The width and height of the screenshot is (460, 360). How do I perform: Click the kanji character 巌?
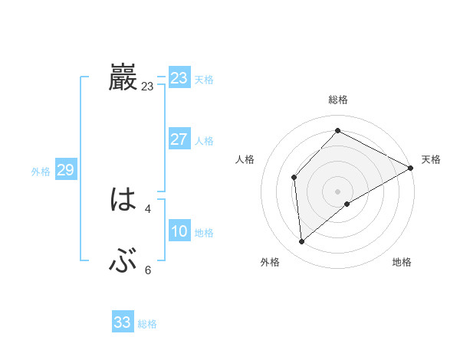click(x=123, y=78)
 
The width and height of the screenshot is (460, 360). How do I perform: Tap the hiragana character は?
click(x=123, y=201)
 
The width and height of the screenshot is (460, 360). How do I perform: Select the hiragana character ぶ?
click(x=123, y=262)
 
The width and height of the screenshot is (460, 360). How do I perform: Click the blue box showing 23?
click(x=179, y=78)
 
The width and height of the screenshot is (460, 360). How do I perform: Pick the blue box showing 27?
click(x=179, y=139)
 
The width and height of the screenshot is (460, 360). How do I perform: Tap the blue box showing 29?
click(x=65, y=170)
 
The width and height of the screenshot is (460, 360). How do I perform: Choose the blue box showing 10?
click(x=179, y=232)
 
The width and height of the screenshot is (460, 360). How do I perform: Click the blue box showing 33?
click(x=122, y=322)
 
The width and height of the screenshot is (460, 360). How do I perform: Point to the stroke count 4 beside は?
click(x=148, y=208)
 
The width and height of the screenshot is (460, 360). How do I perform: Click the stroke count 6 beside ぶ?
click(x=148, y=270)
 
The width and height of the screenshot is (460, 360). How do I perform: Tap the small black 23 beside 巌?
click(x=147, y=87)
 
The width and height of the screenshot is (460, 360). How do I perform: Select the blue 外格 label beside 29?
click(x=41, y=172)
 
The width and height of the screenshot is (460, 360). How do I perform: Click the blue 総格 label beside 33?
click(x=147, y=324)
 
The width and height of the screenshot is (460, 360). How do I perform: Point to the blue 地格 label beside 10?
click(x=204, y=233)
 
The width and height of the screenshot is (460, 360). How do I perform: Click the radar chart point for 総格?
click(x=337, y=131)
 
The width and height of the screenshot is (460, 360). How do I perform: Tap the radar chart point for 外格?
click(x=301, y=242)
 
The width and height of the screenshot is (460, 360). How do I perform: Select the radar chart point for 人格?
click(x=294, y=177)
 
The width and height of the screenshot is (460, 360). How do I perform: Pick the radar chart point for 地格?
click(x=347, y=204)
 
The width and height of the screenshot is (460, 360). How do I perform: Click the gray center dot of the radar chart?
click(x=337, y=191)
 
